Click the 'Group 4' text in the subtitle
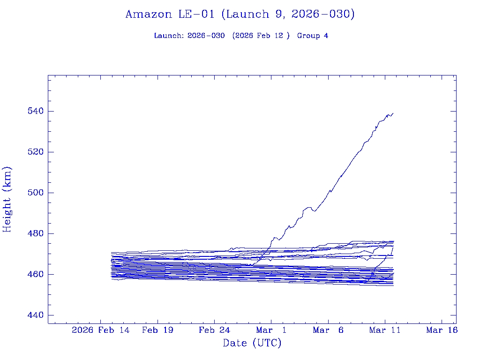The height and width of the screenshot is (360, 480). click(313, 36)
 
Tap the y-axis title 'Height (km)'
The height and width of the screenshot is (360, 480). click(7, 199)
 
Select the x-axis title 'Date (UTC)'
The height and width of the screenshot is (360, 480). click(252, 343)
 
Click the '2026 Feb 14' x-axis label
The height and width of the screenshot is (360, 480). click(101, 330)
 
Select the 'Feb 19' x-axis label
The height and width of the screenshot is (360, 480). click(157, 330)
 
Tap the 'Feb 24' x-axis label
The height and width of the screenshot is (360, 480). click(214, 330)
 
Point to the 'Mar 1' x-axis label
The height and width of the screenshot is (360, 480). click(271, 330)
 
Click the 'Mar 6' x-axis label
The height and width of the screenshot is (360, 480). click(328, 330)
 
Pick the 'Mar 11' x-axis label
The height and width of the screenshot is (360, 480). click(385, 330)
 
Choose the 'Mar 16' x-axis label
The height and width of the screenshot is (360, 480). click(442, 330)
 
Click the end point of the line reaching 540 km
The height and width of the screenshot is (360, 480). click(393, 113)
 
